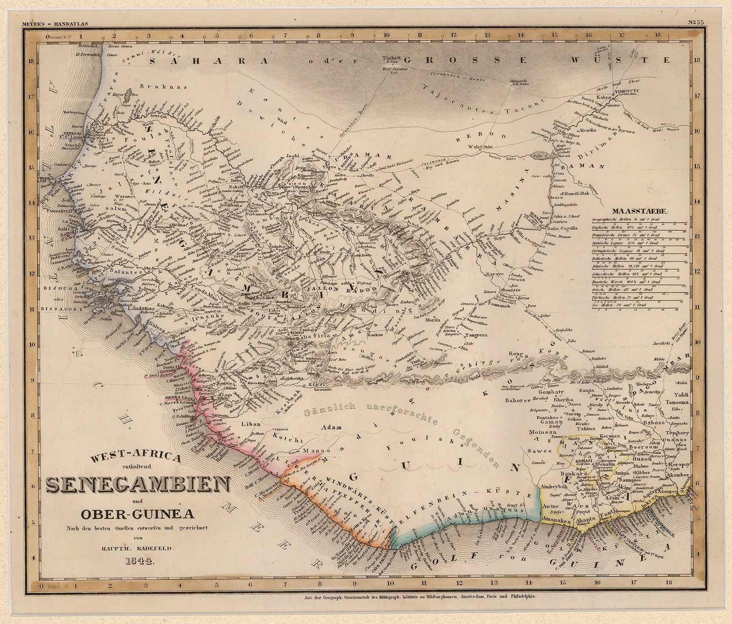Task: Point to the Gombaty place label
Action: [552, 392]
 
